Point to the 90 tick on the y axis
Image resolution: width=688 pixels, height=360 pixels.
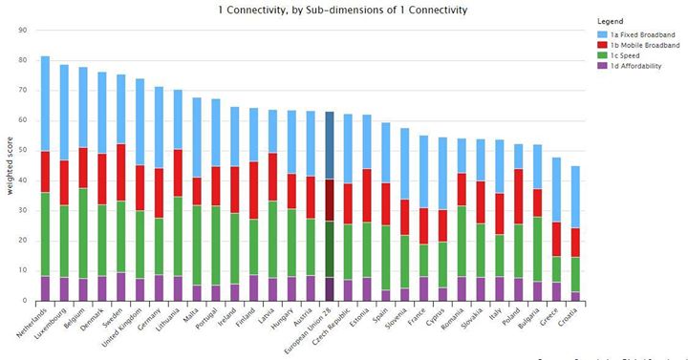(22, 30)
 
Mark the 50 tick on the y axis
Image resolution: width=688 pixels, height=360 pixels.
(22, 150)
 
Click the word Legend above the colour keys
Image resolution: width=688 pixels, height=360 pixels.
(610, 20)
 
